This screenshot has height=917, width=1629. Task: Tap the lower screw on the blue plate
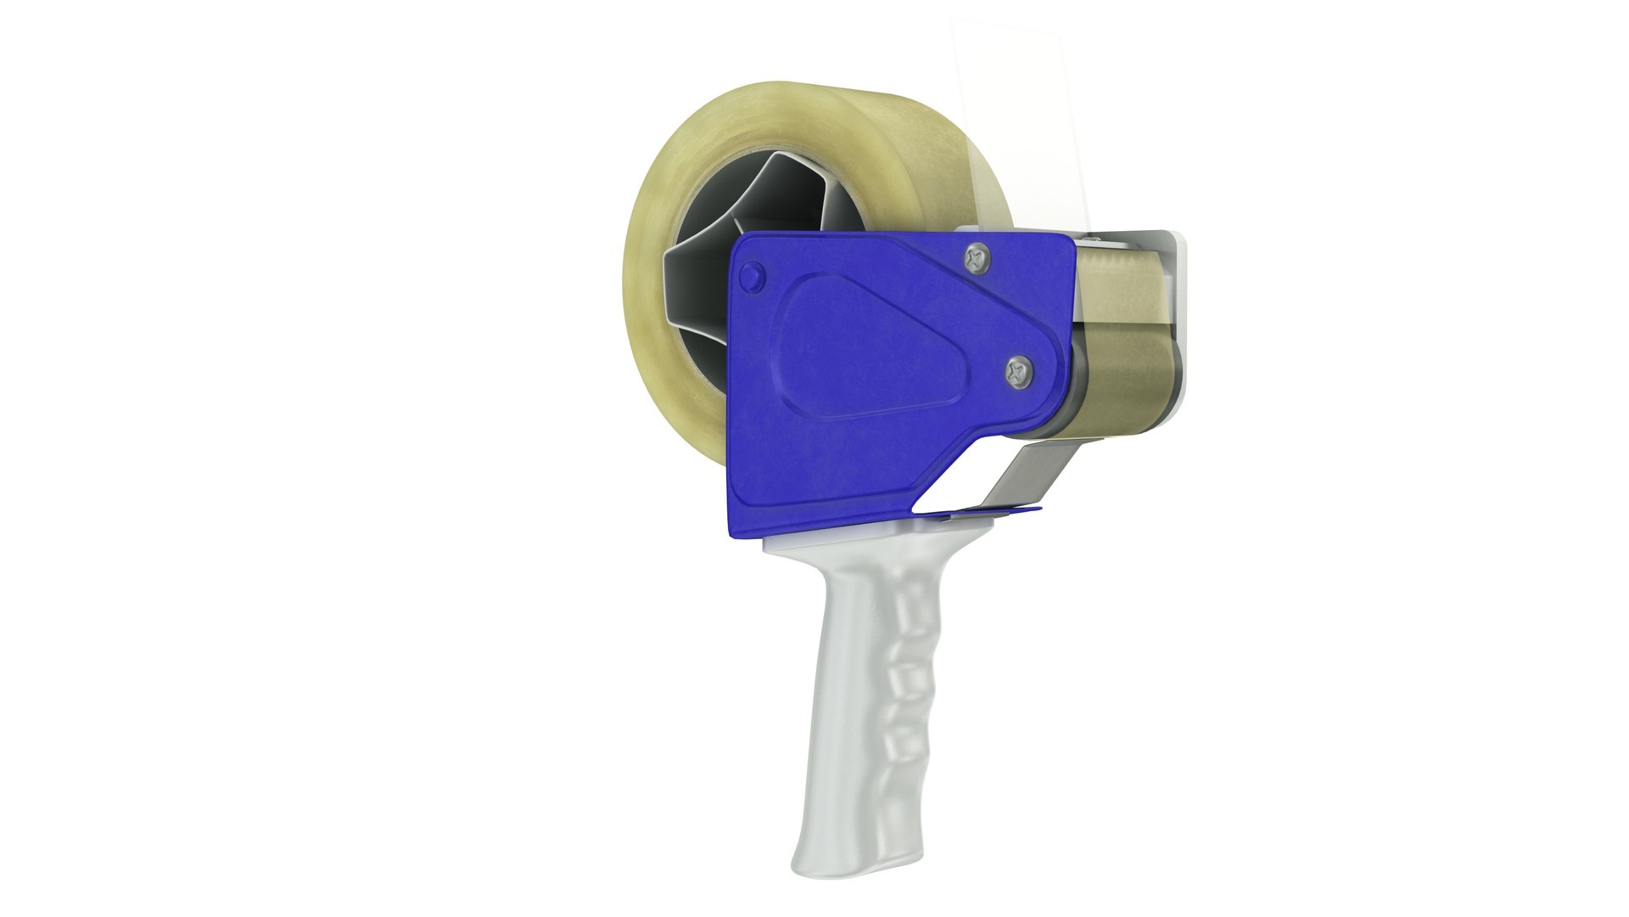(x=1020, y=369)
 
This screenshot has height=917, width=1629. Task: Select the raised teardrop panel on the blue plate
(x=865, y=348)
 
